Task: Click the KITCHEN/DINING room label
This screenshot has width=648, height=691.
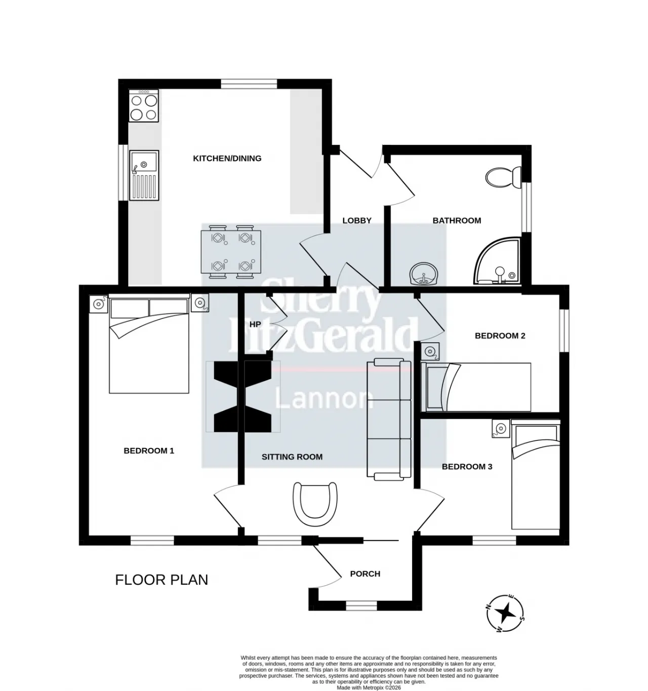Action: point(227,158)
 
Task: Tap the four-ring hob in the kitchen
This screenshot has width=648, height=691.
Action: point(143,105)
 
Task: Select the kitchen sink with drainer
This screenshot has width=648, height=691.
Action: point(144,175)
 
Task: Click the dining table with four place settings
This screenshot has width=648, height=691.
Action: point(231,252)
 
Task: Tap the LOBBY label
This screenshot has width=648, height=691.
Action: point(357,220)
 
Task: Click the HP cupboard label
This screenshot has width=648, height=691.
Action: point(255,324)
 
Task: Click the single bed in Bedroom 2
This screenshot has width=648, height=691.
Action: point(476,387)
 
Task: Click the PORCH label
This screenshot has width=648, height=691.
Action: point(365,574)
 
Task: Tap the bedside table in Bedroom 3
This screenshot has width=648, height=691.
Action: point(501,428)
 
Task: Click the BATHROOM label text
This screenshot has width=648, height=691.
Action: point(457,220)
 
